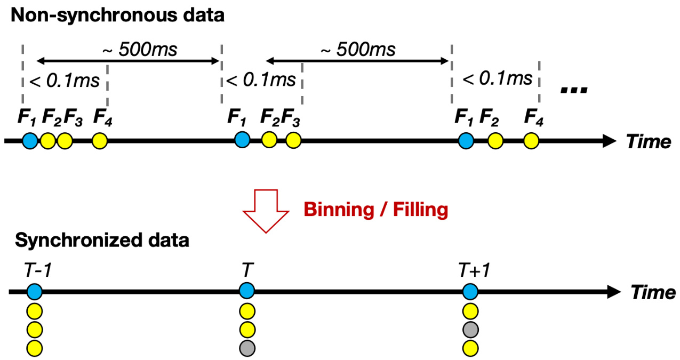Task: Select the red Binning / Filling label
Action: (376, 210)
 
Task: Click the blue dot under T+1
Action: (470, 292)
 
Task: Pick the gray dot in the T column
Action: (247, 348)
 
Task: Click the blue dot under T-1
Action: (35, 292)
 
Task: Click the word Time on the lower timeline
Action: (653, 292)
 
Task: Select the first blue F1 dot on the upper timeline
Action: (30, 141)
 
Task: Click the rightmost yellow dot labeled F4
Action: (531, 141)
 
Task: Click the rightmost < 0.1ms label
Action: (497, 79)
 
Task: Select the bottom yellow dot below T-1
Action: (35, 348)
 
